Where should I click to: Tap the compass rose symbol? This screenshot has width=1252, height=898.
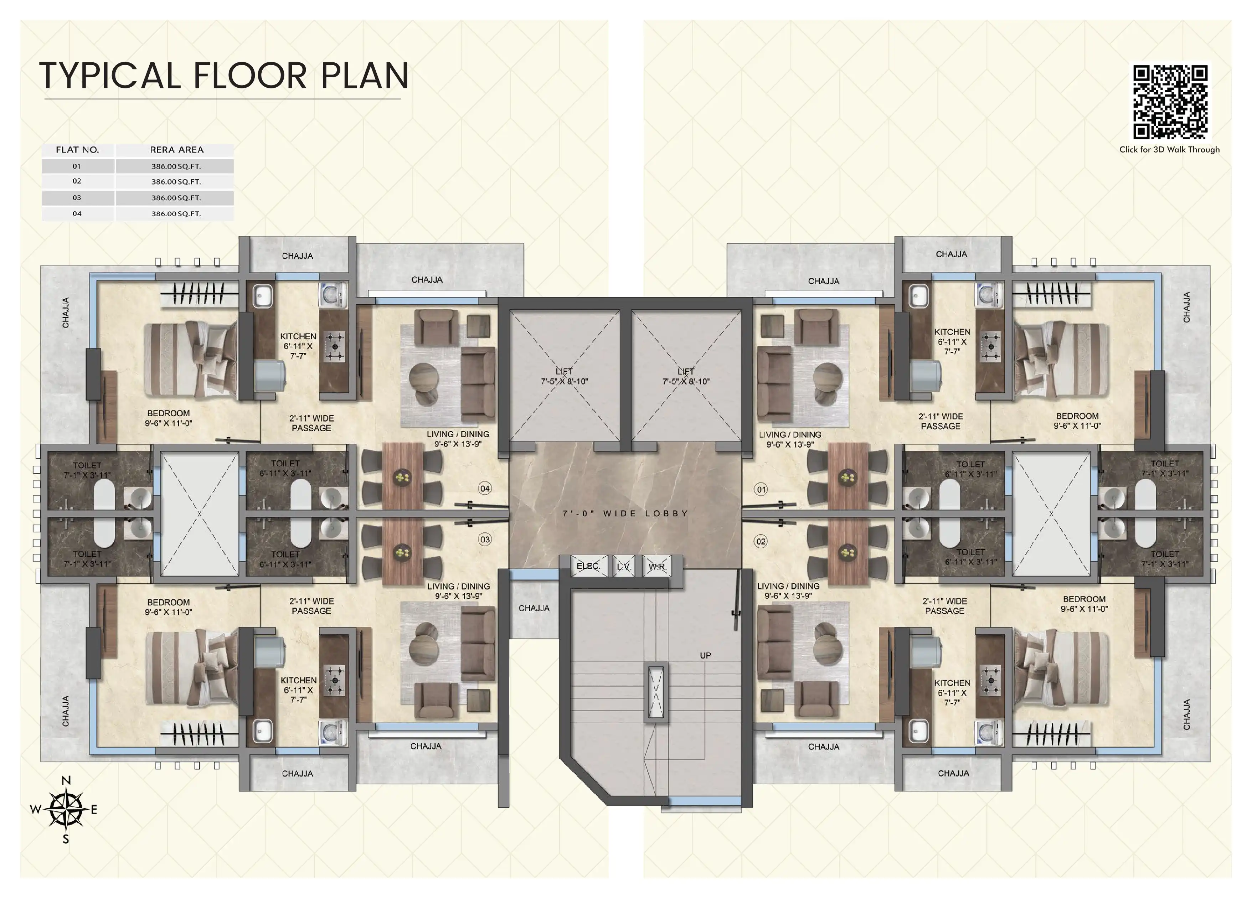tap(66, 810)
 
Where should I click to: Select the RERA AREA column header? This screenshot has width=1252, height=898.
tap(177, 150)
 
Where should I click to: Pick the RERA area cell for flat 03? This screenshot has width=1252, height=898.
tap(176, 197)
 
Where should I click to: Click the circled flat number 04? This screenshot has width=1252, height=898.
tap(485, 489)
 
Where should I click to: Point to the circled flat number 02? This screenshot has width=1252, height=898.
tap(761, 541)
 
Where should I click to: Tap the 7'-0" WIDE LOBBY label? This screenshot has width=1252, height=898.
tap(625, 513)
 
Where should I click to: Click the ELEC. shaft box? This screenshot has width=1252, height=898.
tap(588, 566)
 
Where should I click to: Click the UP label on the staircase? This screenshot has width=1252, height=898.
tap(706, 656)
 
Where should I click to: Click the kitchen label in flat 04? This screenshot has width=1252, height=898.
tap(298, 346)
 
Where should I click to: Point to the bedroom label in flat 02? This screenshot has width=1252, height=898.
tap(1084, 604)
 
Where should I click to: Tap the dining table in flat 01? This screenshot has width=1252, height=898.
tap(847, 476)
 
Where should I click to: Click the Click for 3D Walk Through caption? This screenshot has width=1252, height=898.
tap(1169, 150)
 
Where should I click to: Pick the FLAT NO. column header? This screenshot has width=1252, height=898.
tap(77, 150)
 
